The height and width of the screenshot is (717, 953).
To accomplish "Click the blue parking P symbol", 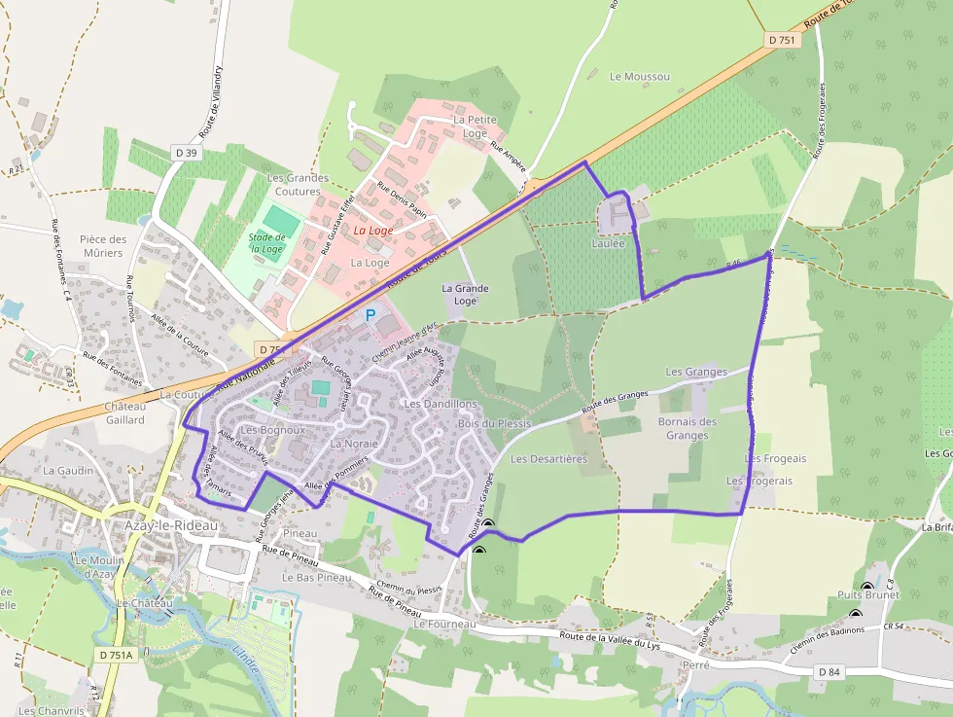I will (x=370, y=315).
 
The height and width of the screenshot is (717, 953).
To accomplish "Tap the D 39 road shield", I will (x=187, y=153).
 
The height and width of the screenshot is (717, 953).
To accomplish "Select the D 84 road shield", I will (x=829, y=672).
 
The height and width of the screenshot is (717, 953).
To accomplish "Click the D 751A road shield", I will (x=116, y=656).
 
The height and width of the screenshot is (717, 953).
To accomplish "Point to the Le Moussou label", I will (x=639, y=76).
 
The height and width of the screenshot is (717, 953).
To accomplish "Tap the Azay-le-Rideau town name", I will (x=170, y=525).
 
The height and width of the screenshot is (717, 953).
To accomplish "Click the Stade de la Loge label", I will (x=265, y=242).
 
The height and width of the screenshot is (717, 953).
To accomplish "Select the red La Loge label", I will (x=373, y=231).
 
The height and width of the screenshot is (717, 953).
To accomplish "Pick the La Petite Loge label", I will (x=476, y=126).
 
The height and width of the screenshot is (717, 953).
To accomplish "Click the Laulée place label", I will (x=609, y=244).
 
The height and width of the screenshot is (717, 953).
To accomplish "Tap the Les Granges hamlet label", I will (x=696, y=372).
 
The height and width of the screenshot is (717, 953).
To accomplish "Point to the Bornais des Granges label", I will (x=688, y=428).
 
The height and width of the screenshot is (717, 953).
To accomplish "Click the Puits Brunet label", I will (x=868, y=594).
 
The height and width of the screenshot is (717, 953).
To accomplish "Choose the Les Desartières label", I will (x=548, y=458).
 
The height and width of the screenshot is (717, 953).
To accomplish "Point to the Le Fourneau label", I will (x=444, y=624).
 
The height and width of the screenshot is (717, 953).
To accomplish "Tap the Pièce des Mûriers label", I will (x=103, y=246).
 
